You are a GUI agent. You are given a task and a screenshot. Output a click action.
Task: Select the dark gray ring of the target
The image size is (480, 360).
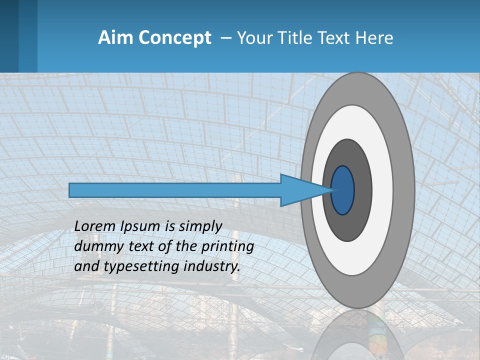[362, 190]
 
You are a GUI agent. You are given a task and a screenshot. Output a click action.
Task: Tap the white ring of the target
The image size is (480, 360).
[382, 190]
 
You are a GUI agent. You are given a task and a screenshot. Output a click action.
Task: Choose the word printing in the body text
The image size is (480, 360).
[227, 247]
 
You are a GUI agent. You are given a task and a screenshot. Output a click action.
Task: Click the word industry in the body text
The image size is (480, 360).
[212, 267]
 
